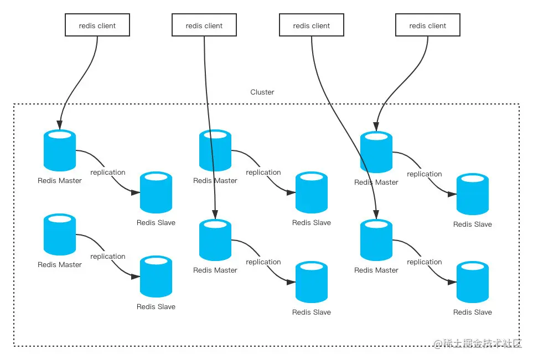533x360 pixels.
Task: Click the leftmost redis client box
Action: [x=97, y=25]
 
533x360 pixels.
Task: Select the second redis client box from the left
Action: [x=204, y=25]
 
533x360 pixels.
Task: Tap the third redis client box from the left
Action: [x=311, y=25]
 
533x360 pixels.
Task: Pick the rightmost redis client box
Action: [x=428, y=25]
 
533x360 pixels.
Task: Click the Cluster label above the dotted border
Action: [x=262, y=92]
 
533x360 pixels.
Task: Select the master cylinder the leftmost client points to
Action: [x=60, y=150]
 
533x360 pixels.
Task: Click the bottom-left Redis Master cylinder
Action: [x=60, y=234]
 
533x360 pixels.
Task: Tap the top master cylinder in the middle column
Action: [x=215, y=150]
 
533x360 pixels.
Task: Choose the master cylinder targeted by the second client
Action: [x=215, y=240]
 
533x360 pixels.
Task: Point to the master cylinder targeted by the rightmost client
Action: [x=376, y=152]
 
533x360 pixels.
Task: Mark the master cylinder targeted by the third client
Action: [x=376, y=240]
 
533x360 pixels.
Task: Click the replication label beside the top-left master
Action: [x=108, y=173]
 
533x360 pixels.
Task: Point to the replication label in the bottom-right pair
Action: [x=425, y=262]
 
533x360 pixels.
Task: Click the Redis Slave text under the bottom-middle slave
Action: [x=312, y=312]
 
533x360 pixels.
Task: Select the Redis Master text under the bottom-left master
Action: [x=60, y=265]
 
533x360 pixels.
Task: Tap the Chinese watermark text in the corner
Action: [x=478, y=343]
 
